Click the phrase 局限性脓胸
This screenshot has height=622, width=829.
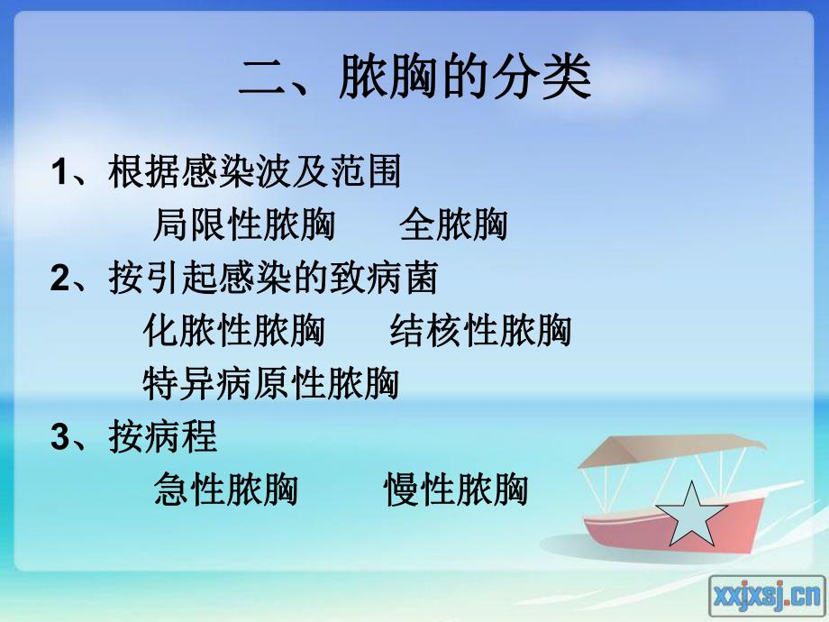point(243,225)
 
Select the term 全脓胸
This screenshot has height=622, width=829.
point(453,225)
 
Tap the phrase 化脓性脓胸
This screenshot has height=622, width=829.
point(234,332)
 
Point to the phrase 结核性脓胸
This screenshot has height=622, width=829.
point(480,332)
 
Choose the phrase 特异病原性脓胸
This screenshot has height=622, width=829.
point(270,385)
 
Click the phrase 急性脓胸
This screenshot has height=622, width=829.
point(226,490)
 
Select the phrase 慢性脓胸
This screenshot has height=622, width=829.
point(456,490)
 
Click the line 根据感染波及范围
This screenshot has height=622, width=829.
point(254,172)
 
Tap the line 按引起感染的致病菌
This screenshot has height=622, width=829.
point(273,279)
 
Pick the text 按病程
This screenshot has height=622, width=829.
point(163,437)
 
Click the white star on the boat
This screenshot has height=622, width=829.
point(690,513)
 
